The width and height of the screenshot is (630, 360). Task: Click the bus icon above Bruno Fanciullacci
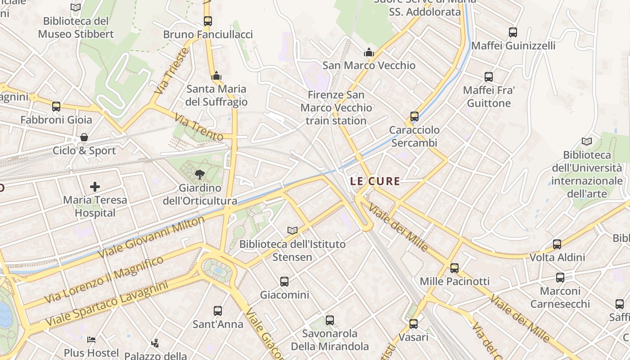pos(207,21)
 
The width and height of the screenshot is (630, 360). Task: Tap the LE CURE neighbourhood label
pos(375,181)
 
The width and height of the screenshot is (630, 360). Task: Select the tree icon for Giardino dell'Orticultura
pos(199,174)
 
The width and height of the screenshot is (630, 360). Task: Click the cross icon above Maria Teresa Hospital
pos(95,186)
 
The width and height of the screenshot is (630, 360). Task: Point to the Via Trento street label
pos(198,127)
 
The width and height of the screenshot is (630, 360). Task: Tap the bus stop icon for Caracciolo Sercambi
pos(414,117)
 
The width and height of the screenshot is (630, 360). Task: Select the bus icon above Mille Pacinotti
pos(454,268)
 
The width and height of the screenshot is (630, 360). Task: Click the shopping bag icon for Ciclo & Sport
pos(84,137)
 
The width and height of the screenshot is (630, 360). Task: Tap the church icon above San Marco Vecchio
pos(369,52)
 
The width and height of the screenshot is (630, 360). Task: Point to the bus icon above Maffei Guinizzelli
pos(513,32)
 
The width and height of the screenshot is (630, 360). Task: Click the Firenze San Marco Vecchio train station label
pos(336,108)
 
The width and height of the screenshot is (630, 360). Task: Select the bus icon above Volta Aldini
pos(557,244)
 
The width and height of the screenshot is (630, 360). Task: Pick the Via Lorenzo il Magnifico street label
pos(104,280)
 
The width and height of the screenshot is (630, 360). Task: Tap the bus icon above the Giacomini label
pos(284,282)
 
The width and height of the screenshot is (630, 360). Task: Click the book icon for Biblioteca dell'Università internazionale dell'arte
pos(587,142)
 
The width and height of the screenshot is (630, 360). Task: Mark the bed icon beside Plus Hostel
pos(91,339)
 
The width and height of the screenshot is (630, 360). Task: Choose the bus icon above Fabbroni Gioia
pos(56,107)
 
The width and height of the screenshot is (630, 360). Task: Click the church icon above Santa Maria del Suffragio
pos(216,76)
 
